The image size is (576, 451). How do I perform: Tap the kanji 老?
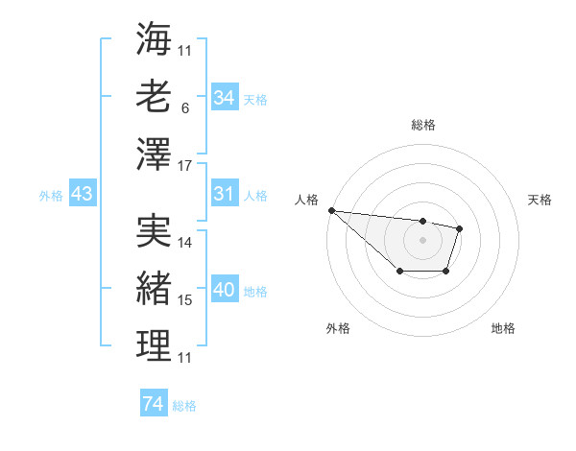(x=154, y=97)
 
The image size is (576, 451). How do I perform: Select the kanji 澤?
(x=154, y=154)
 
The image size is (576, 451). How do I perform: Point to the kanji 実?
(x=154, y=229)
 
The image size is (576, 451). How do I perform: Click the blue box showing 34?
(x=225, y=98)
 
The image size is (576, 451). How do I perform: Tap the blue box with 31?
(x=225, y=194)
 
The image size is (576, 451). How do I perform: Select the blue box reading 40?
(x=225, y=290)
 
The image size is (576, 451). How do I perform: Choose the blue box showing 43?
(x=83, y=194)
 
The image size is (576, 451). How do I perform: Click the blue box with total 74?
(x=154, y=404)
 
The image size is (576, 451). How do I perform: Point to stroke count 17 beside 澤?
(x=186, y=166)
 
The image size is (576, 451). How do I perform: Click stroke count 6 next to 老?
(x=184, y=108)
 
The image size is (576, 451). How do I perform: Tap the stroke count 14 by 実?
(x=186, y=243)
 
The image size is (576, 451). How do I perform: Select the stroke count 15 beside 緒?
(x=186, y=300)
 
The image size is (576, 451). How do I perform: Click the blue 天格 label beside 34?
(x=255, y=99)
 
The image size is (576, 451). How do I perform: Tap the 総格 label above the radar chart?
(x=422, y=125)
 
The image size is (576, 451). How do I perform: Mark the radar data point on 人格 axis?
(x=330, y=210)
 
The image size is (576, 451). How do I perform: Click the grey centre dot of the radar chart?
(x=422, y=240)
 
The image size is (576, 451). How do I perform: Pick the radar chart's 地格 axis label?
(x=503, y=328)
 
